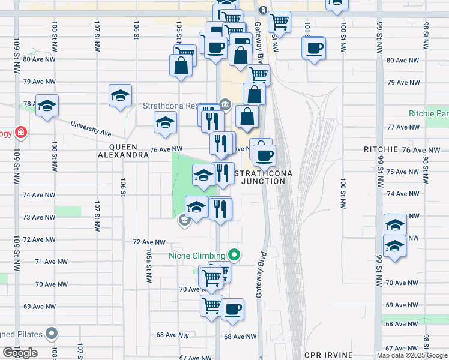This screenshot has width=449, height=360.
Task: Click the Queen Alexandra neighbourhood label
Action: tap(124, 150)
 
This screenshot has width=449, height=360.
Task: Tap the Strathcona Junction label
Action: tap(260, 177)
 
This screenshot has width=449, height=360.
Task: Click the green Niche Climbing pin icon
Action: tap(235, 255)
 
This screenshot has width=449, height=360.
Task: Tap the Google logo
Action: tap(20, 353)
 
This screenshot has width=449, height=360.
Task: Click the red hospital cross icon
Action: tap(21, 132)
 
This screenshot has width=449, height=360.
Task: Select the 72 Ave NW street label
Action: tap(149, 242)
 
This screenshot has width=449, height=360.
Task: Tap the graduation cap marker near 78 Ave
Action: tap(47, 106)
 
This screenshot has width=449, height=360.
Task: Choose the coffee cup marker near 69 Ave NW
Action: tap(232, 309)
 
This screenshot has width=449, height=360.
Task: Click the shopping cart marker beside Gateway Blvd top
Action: tap(279, 22)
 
